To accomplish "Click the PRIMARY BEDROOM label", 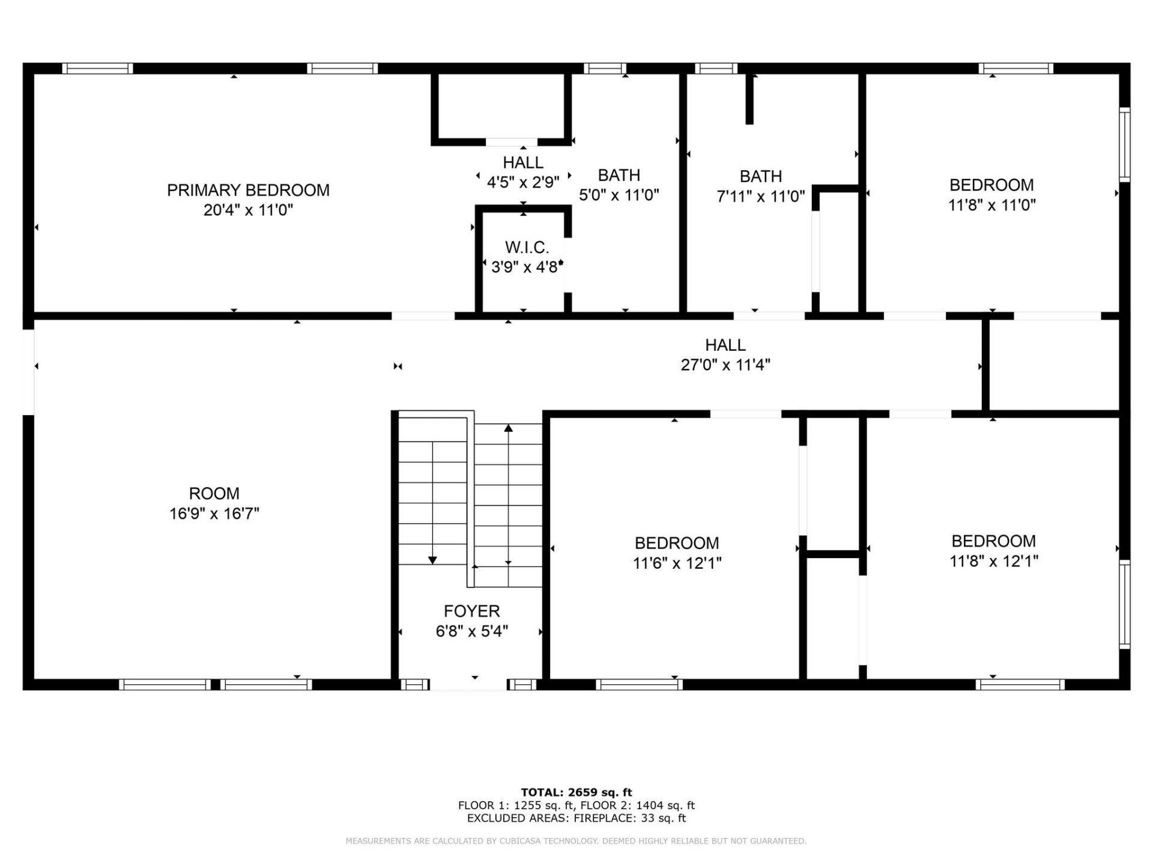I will pyautogui.click(x=248, y=190).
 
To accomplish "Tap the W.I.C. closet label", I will pyautogui.click(x=527, y=247).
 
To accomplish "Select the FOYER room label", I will pyautogui.click(x=471, y=611).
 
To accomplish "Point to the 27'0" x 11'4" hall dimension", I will pyautogui.click(x=725, y=365).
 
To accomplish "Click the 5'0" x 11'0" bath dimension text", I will pyautogui.click(x=619, y=195).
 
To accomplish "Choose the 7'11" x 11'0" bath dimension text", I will pyautogui.click(x=760, y=196).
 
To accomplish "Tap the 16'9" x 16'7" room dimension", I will pyautogui.click(x=214, y=514).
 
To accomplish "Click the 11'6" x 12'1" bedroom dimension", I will pyautogui.click(x=677, y=563).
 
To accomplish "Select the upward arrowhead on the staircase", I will pyautogui.click(x=508, y=428).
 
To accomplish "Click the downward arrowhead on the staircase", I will pyautogui.click(x=432, y=560).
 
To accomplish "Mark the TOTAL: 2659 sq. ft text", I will pyautogui.click(x=576, y=792).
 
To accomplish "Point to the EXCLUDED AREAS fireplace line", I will pyautogui.click(x=576, y=818).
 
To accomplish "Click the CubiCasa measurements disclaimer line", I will pyautogui.click(x=576, y=841).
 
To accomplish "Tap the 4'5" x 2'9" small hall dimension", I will pyautogui.click(x=523, y=182).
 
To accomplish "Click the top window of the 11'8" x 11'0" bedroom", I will pyautogui.click(x=1015, y=68).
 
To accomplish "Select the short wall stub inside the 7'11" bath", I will pyautogui.click(x=749, y=99).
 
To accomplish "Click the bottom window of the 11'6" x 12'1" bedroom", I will pyautogui.click(x=639, y=684).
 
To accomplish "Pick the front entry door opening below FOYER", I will pyautogui.click(x=468, y=685).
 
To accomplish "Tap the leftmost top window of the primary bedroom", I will pyautogui.click(x=97, y=68).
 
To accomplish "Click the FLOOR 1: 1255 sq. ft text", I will pyautogui.click(x=516, y=805).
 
